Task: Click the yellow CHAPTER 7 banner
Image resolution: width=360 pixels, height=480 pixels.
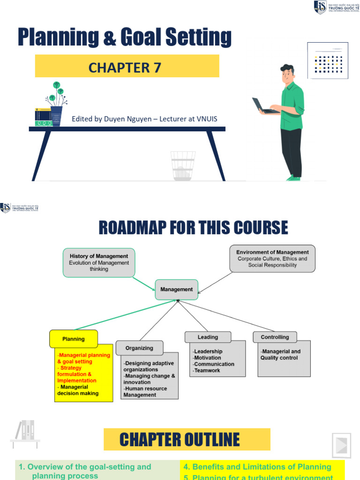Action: (x=127, y=66)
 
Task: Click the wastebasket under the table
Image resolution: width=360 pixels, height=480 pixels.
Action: (x=183, y=166)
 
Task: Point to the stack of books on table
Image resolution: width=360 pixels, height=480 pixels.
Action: (x=43, y=118)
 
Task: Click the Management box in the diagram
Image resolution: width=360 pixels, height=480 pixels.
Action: (x=177, y=290)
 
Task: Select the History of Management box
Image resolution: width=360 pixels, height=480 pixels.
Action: (x=99, y=262)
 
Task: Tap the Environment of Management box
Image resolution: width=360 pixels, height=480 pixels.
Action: (x=272, y=258)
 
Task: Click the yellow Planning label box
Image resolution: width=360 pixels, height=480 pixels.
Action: (x=74, y=339)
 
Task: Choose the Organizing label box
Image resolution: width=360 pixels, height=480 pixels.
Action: (x=139, y=348)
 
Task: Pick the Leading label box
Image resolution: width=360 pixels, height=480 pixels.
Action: (x=208, y=337)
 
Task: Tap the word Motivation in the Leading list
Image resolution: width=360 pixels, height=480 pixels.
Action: (x=207, y=358)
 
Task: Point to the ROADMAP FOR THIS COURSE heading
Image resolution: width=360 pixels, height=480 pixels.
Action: (x=193, y=228)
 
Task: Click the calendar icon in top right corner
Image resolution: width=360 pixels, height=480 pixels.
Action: (x=328, y=60)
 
